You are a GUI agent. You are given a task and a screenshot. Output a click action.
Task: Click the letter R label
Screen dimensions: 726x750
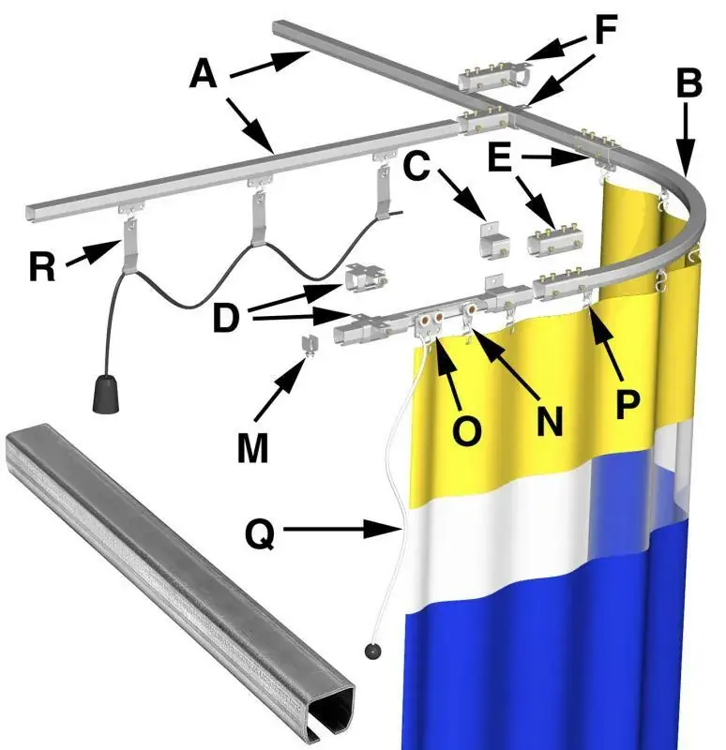42,266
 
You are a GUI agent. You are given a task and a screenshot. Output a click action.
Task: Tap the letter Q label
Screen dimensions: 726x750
260,533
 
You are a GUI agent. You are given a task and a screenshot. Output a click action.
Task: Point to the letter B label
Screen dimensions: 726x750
689,82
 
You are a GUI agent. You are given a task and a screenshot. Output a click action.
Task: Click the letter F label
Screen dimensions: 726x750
606,29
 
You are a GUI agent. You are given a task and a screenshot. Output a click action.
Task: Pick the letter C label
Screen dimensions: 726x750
416,167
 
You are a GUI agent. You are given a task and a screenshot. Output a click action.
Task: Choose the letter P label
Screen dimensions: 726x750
628,405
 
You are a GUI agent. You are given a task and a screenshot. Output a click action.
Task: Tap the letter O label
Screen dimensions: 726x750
466,430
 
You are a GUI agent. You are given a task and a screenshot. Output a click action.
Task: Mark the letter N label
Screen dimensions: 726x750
550,421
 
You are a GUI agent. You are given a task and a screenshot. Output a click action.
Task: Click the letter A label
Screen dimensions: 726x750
204,75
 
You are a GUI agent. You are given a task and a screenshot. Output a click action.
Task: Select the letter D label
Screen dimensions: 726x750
226,317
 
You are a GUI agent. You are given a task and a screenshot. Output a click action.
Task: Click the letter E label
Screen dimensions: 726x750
500,157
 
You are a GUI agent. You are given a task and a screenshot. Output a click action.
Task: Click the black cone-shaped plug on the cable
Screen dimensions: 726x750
106,394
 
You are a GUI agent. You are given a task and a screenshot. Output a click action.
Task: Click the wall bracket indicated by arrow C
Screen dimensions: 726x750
495,239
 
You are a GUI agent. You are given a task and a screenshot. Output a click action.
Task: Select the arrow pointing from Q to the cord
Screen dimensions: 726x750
342,530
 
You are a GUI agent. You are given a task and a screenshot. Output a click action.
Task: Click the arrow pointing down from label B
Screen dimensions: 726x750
687,139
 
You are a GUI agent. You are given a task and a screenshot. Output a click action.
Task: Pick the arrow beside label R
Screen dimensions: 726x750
93,253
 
